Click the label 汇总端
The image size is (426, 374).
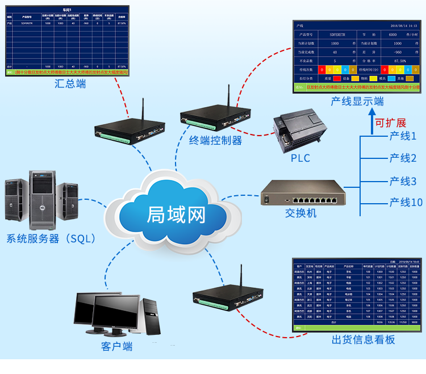70,84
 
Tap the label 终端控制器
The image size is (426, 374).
216,140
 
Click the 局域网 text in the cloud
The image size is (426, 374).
176,215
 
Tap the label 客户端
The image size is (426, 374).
116,346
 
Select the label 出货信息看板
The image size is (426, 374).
364,340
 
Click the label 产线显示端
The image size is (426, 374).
357,101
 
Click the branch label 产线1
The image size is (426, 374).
403,136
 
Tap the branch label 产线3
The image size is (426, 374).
403,182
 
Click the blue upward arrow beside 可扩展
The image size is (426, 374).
364,121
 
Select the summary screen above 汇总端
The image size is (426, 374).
68,40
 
